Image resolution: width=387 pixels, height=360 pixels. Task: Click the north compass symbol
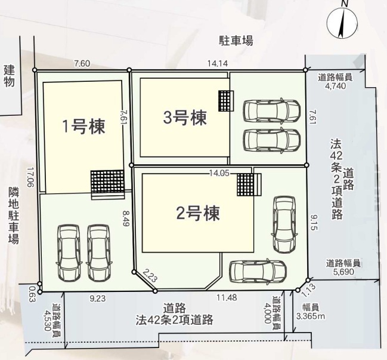click(342, 23)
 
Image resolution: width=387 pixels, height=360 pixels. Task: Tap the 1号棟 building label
click(84, 126)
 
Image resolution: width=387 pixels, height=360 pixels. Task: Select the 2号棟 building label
click(198, 214)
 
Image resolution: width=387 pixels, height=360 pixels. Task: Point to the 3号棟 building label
click(185, 118)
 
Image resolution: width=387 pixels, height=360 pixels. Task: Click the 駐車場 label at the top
click(236, 41)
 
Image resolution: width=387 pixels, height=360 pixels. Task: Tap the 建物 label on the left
click(9, 76)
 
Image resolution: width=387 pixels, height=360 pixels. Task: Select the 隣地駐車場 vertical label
click(14, 215)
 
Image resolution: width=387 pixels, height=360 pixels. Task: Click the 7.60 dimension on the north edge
click(82, 64)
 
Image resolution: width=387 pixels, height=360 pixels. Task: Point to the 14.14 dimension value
click(218, 63)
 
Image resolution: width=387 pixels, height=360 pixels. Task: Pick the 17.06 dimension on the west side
click(30, 177)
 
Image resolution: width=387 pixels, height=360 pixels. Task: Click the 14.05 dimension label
click(219, 174)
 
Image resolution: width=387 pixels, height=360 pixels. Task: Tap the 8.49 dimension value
click(126, 219)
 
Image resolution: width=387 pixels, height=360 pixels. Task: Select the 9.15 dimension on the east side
click(314, 222)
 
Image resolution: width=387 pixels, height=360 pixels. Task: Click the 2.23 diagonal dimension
click(150, 276)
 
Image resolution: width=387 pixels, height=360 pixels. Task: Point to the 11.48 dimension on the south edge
click(227, 297)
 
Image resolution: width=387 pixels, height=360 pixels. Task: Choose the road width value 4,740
click(336, 86)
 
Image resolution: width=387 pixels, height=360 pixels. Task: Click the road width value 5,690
click(344, 272)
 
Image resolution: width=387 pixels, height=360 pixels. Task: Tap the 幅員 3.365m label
click(311, 312)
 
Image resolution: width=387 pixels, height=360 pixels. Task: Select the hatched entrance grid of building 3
click(226, 101)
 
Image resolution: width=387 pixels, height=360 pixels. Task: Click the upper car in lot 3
click(272, 110)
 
